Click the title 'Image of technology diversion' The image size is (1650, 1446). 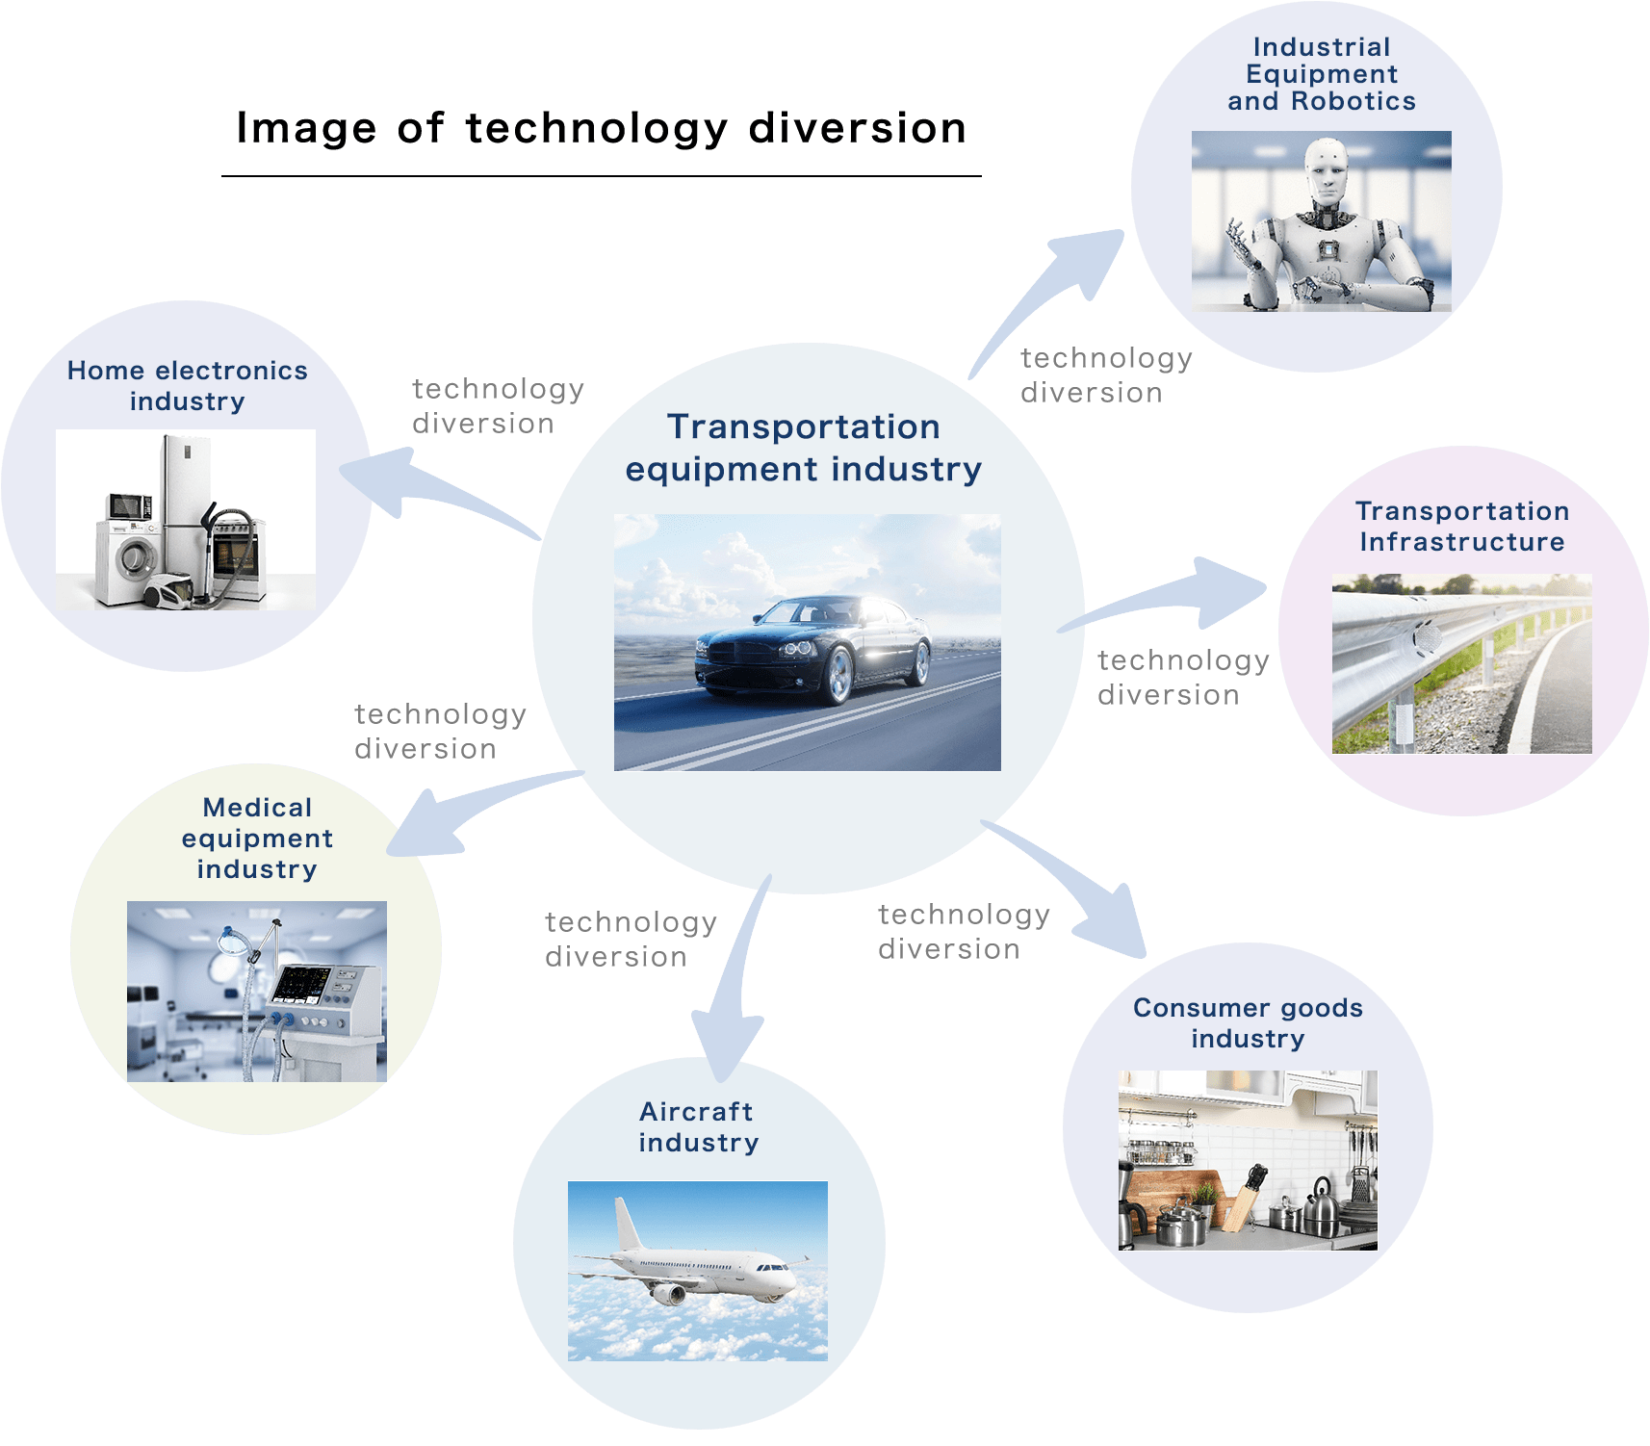pos(601,128)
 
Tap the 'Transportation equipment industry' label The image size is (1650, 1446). pos(804,448)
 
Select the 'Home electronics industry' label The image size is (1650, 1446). pos(187,385)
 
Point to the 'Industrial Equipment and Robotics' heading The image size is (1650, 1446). pos(1321,74)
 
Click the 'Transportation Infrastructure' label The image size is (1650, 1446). pos(1461,526)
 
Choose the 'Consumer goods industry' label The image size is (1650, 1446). pos(1248,1022)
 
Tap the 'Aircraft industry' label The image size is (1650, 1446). pos(698,1126)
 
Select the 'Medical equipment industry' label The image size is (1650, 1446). pos(257,838)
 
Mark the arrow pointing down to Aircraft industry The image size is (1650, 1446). pos(736,992)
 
